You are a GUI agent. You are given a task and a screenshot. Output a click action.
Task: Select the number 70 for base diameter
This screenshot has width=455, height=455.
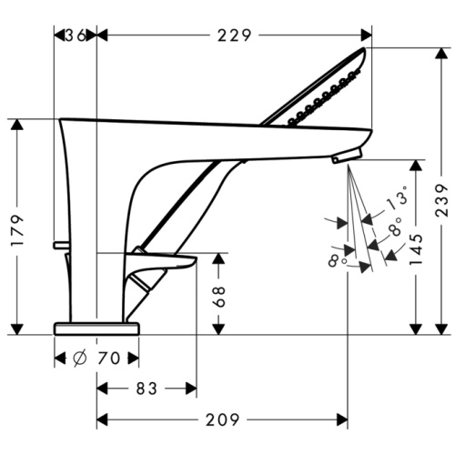coord(110,359)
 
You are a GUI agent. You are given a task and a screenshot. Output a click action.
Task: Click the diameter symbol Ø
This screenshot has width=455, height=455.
coord(80,359)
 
